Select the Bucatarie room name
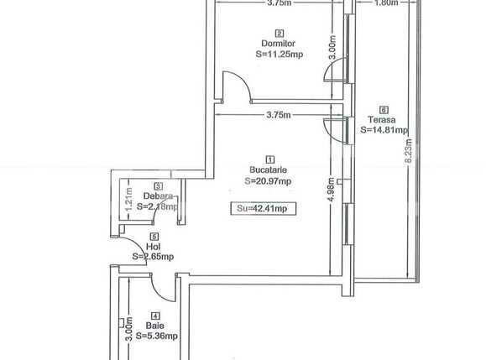click(269, 170)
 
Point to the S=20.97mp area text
click(269, 180)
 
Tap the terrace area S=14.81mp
click(384, 130)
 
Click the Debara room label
click(158, 196)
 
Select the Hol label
click(153, 248)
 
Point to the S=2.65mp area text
click(153, 258)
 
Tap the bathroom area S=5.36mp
click(158, 336)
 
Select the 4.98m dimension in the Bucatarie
click(332, 190)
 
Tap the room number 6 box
click(384, 109)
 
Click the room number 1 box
click(269, 159)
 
